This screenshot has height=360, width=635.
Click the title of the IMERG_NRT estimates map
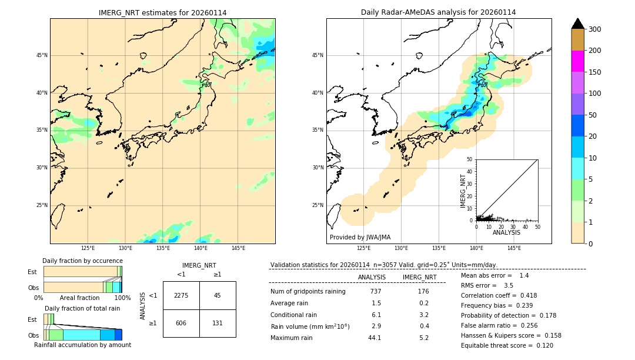point(162,12)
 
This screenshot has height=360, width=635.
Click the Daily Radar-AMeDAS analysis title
point(439,12)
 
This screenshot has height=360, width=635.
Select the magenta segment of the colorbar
point(577,61)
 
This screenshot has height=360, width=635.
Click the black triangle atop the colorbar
point(577,24)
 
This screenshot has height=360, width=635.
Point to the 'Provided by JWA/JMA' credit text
point(360,237)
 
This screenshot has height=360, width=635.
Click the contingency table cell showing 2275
point(181,295)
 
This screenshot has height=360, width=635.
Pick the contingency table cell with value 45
point(218,295)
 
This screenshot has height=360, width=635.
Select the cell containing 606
point(181,323)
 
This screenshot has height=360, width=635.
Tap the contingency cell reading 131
point(218,323)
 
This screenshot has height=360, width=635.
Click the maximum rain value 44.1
point(375,338)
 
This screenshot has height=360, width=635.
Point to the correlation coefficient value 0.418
point(524,295)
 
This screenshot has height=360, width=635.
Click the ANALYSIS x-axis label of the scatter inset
point(506,232)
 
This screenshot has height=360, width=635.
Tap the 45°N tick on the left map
point(42,55)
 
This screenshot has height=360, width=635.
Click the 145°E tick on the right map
point(513,248)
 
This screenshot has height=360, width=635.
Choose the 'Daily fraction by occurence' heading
point(82,261)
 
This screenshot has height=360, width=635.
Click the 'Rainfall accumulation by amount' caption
point(82,345)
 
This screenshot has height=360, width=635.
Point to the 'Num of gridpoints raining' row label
point(308,291)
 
